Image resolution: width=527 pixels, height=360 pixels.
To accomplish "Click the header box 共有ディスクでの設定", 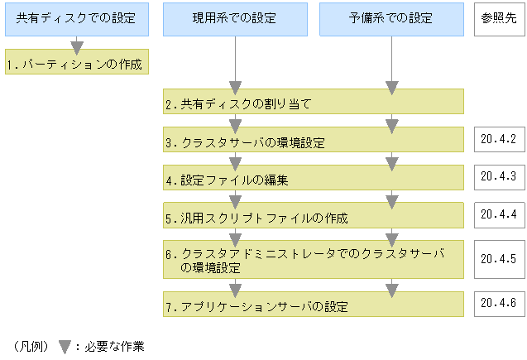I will pyautogui.click(x=77, y=18).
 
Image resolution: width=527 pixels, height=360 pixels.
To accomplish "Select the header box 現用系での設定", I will pyautogui.click(x=235, y=18).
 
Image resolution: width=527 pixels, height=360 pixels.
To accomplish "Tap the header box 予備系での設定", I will pyautogui.click(x=391, y=18).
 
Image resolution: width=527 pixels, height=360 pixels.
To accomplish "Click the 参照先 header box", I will pyautogui.click(x=499, y=18).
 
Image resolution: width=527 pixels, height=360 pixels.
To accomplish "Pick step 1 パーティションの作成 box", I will pyautogui.click(x=77, y=64).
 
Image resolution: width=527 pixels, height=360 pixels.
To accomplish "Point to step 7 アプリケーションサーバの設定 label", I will pyautogui.click(x=256, y=307).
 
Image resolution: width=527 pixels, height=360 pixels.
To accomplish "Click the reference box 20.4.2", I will pyautogui.click(x=498, y=139).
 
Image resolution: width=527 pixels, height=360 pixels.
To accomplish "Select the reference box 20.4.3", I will pyautogui.click(x=498, y=176).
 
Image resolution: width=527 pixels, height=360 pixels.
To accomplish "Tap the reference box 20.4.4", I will pyautogui.click(x=498, y=214).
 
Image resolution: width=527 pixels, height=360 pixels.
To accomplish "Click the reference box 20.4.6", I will pyautogui.click(x=498, y=303).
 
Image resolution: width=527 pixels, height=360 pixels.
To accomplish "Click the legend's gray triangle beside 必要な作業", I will pyautogui.click(x=64, y=346).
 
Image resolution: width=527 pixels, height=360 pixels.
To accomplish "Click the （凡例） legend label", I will pyautogui.click(x=30, y=346).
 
